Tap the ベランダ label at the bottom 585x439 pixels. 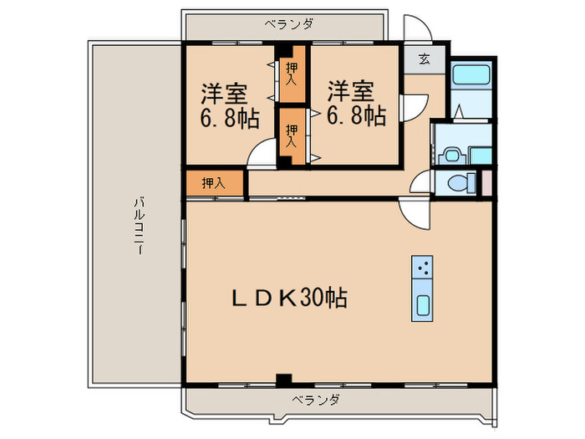[x=316, y=401]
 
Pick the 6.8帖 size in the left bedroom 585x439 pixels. [x=228, y=117]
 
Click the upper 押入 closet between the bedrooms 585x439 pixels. [x=291, y=74]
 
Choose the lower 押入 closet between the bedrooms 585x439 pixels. [x=291, y=135]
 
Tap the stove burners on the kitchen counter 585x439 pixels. [x=423, y=268]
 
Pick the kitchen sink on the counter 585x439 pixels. [x=423, y=305]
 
